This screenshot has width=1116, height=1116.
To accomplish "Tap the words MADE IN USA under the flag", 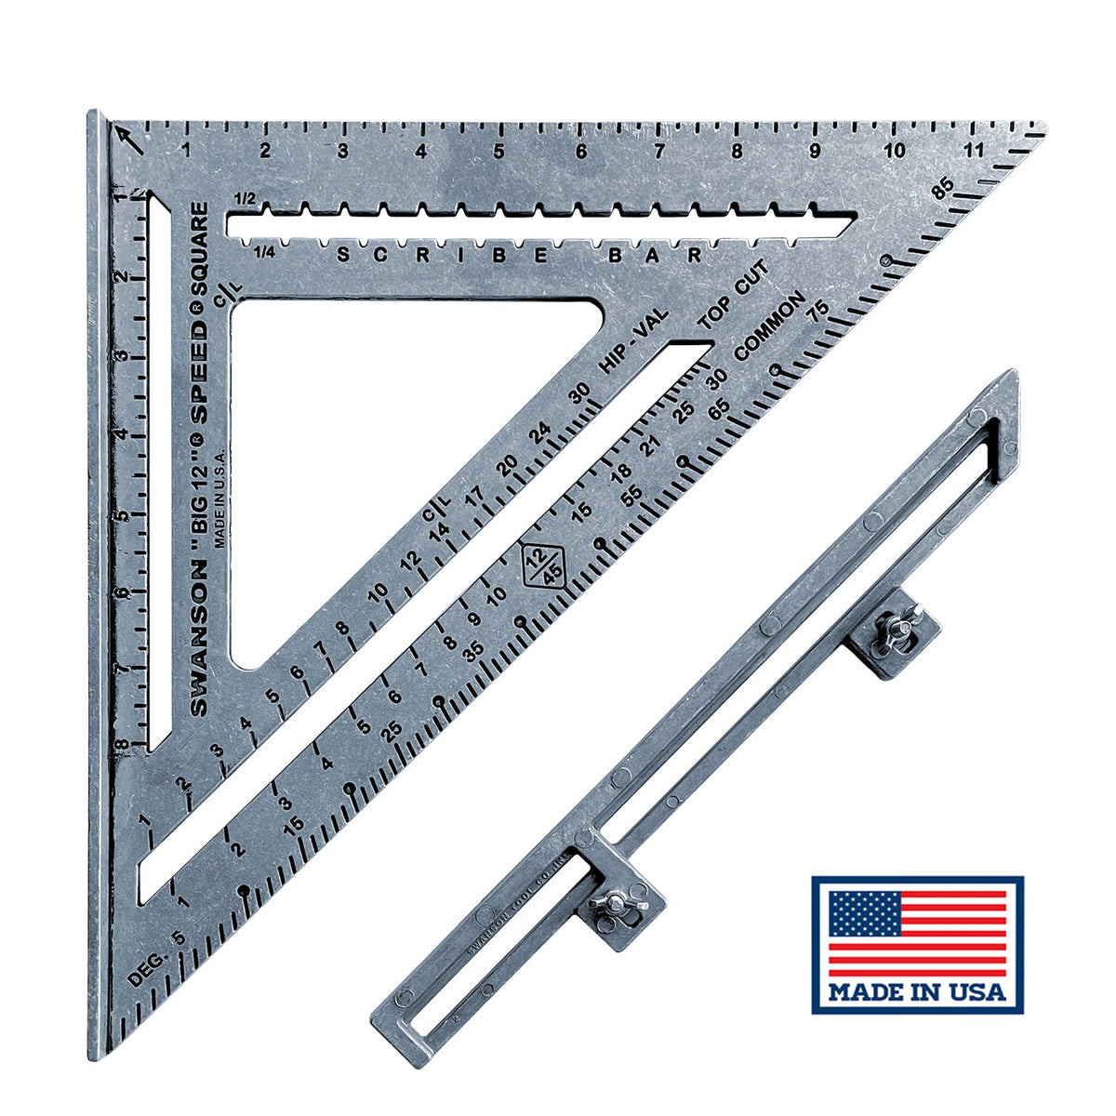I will tap(917, 991).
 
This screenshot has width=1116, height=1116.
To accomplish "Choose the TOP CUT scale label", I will tap(734, 296).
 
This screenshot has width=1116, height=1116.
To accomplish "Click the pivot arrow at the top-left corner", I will tap(127, 139).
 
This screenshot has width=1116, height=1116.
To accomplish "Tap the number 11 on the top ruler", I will tap(975, 151).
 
